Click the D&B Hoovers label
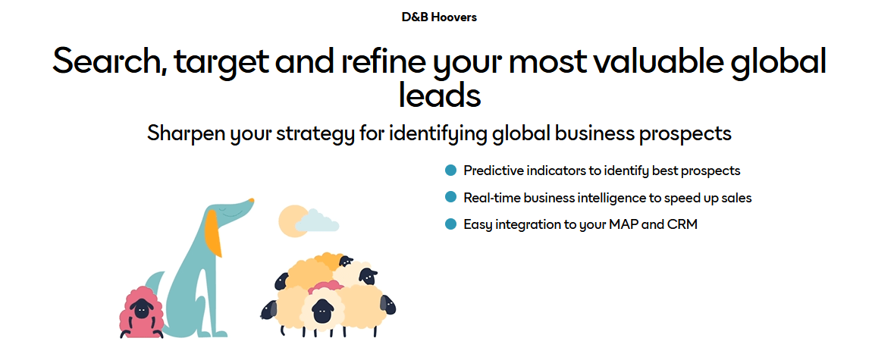click(x=439, y=17)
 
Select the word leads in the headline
click(x=439, y=95)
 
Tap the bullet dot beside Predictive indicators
click(x=451, y=170)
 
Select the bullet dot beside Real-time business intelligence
click(x=451, y=197)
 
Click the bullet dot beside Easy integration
click(x=451, y=224)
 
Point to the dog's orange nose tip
click(x=252, y=200)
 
